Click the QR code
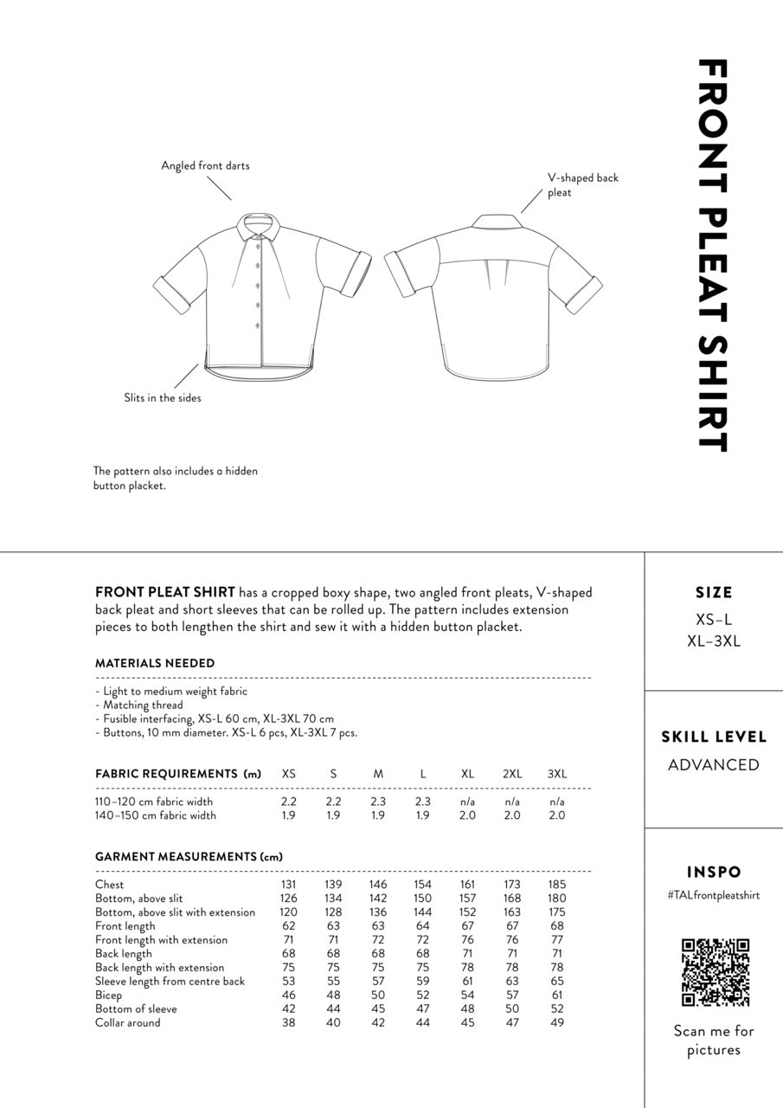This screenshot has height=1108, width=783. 715,972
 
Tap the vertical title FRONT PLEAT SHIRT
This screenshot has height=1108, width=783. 712,255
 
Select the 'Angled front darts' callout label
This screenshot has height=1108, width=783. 205,165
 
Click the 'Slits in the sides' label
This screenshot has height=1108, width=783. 163,398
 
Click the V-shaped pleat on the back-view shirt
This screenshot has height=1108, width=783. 492,276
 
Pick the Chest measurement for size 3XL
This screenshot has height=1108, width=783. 557,885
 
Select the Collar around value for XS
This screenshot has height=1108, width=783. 289,1023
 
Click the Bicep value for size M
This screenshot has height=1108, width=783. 378,995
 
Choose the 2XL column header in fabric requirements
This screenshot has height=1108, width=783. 512,774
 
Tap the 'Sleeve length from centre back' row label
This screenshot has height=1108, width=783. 170,982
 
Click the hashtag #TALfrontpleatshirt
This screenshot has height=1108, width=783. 713,896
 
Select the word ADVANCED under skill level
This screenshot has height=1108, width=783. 714,765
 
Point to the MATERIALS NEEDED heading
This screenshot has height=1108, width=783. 155,663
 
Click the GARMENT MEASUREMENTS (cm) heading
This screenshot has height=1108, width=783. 189,857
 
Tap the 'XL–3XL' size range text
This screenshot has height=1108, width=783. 714,641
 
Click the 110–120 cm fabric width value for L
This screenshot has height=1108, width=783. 423,802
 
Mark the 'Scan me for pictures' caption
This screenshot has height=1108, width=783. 714,1040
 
